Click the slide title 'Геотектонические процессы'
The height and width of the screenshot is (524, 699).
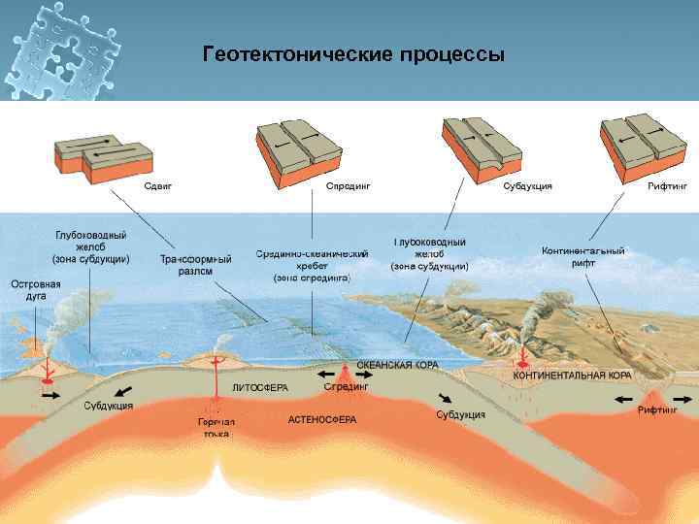tap(353, 54)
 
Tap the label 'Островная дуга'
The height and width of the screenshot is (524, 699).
tap(36, 289)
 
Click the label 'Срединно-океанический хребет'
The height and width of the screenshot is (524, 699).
tap(312, 265)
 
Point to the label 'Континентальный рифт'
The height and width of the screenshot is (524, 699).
tap(582, 256)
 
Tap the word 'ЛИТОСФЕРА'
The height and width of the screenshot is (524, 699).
tap(260, 387)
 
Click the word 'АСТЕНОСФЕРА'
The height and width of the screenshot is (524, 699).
tap(322, 420)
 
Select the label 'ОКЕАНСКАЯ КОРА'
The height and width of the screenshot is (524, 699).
tap(397, 366)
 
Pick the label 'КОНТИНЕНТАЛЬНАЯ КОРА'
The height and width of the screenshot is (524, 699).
tap(573, 375)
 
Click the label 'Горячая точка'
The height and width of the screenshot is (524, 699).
tap(216, 428)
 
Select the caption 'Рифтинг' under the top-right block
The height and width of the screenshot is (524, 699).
tap(667, 185)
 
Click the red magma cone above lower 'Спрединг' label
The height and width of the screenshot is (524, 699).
tap(346, 372)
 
